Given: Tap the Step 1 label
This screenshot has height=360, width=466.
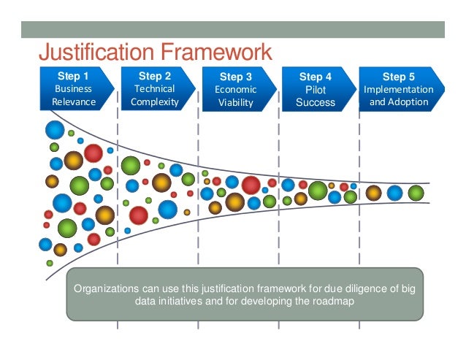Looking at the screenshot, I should coord(74,75).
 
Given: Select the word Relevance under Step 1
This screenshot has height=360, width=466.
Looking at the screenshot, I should coord(74,102).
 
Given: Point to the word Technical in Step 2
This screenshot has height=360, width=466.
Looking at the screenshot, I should coord(155,88).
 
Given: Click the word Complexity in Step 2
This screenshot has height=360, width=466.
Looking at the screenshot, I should coord(155,102).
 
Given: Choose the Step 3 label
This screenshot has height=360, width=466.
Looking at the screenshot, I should coord(235,76).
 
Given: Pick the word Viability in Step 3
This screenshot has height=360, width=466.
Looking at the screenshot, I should coord(235,102).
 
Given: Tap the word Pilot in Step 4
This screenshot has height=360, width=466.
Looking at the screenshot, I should coord(316,89).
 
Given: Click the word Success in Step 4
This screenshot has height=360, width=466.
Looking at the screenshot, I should coord(316,102).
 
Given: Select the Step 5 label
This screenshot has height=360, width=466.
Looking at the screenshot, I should coord(399,76).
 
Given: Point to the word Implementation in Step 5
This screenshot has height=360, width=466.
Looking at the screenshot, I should coord(399,89).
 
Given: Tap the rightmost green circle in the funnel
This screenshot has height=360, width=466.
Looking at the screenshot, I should coord(416,193).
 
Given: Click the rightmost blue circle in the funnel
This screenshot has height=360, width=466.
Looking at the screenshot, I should coord(394,193).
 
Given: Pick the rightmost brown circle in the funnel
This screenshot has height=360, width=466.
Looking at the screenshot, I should coord(373,193).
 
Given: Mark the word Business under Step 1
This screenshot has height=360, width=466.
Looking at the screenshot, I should coord(74,88).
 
